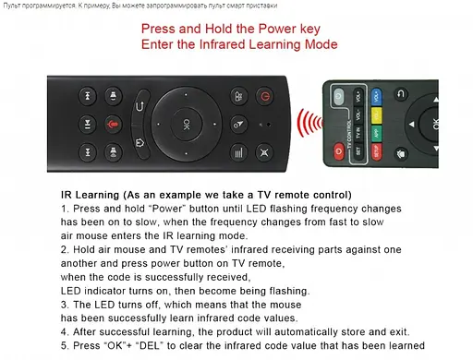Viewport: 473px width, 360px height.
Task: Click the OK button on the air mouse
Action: (187, 124)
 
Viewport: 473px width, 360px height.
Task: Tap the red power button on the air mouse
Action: (265, 96)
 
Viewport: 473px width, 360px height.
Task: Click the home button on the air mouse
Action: (140, 143)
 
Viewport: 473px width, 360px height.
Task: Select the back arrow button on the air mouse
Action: (140, 106)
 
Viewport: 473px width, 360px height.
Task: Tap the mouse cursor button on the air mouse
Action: (238, 124)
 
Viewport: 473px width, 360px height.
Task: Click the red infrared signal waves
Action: (309, 123)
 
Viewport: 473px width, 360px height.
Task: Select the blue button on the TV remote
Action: (376, 97)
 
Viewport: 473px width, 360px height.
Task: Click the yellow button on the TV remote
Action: (376, 115)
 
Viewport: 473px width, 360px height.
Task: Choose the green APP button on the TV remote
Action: (376, 134)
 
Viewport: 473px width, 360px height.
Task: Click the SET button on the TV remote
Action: (358, 151)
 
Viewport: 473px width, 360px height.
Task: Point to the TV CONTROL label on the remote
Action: (349, 134)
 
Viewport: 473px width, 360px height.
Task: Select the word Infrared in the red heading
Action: (223, 44)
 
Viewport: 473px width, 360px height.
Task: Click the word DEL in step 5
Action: (150, 345)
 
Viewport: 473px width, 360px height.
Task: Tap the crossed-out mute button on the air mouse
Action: (264, 152)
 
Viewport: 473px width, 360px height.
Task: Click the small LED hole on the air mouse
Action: (269, 125)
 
